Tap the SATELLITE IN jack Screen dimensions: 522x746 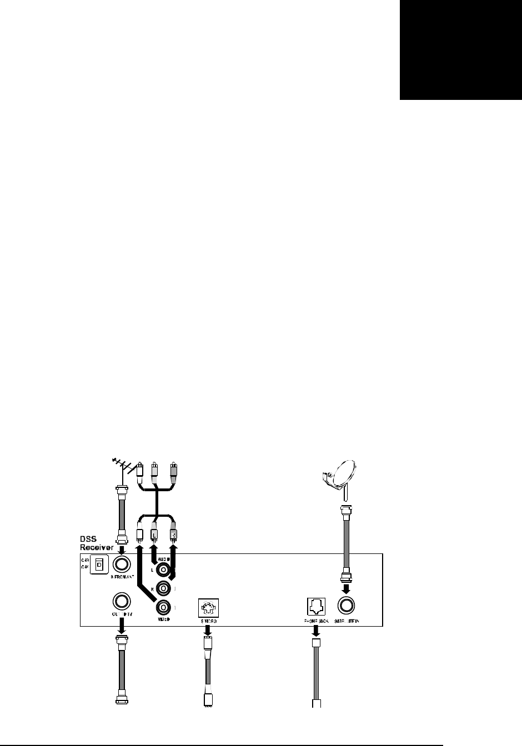(x=348, y=607)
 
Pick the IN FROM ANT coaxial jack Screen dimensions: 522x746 (x=122, y=564)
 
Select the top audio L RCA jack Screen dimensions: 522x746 (x=163, y=569)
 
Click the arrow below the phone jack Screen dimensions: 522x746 (x=315, y=631)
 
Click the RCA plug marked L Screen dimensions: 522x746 (x=155, y=534)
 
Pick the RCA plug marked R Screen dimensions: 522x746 (x=174, y=534)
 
